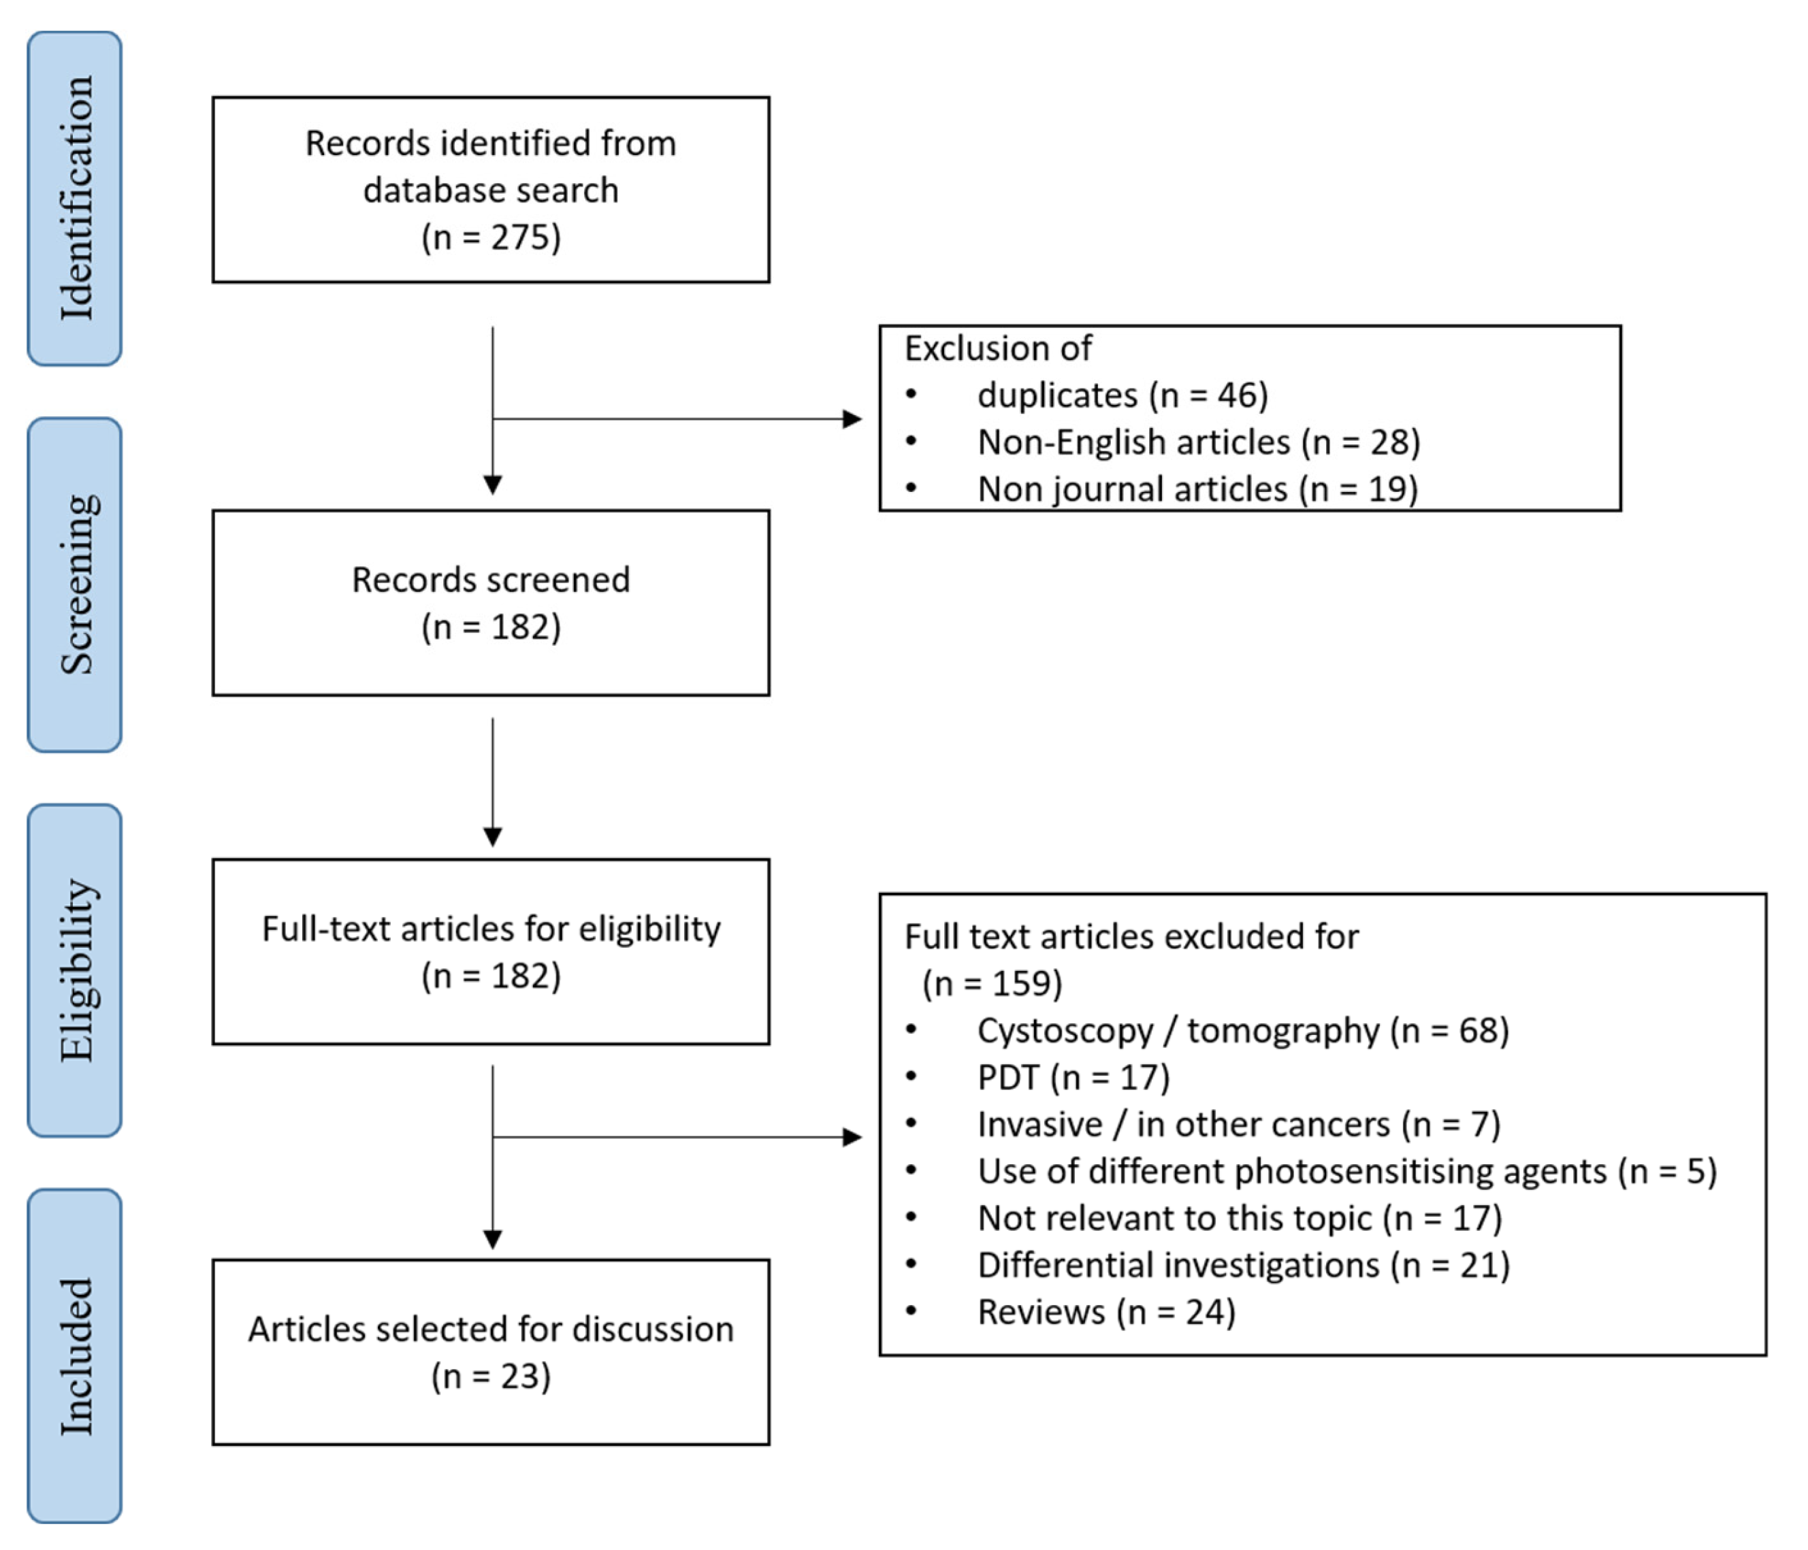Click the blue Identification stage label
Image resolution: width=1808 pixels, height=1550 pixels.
74,199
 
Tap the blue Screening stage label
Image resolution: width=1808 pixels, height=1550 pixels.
74,584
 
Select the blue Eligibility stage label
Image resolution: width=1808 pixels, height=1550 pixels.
74,970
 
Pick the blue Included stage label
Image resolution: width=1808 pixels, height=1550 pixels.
74,1355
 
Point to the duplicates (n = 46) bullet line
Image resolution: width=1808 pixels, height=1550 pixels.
1121,395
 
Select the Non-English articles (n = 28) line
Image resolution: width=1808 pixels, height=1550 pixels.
1198,442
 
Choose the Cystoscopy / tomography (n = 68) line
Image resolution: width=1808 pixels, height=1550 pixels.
1242,1031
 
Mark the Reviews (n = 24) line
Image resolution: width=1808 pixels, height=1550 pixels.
1105,1313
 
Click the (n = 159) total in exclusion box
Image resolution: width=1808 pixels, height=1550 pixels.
992,984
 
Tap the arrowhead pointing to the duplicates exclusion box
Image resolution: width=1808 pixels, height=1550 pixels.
852,418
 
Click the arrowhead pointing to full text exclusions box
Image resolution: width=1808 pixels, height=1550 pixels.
852,1138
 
